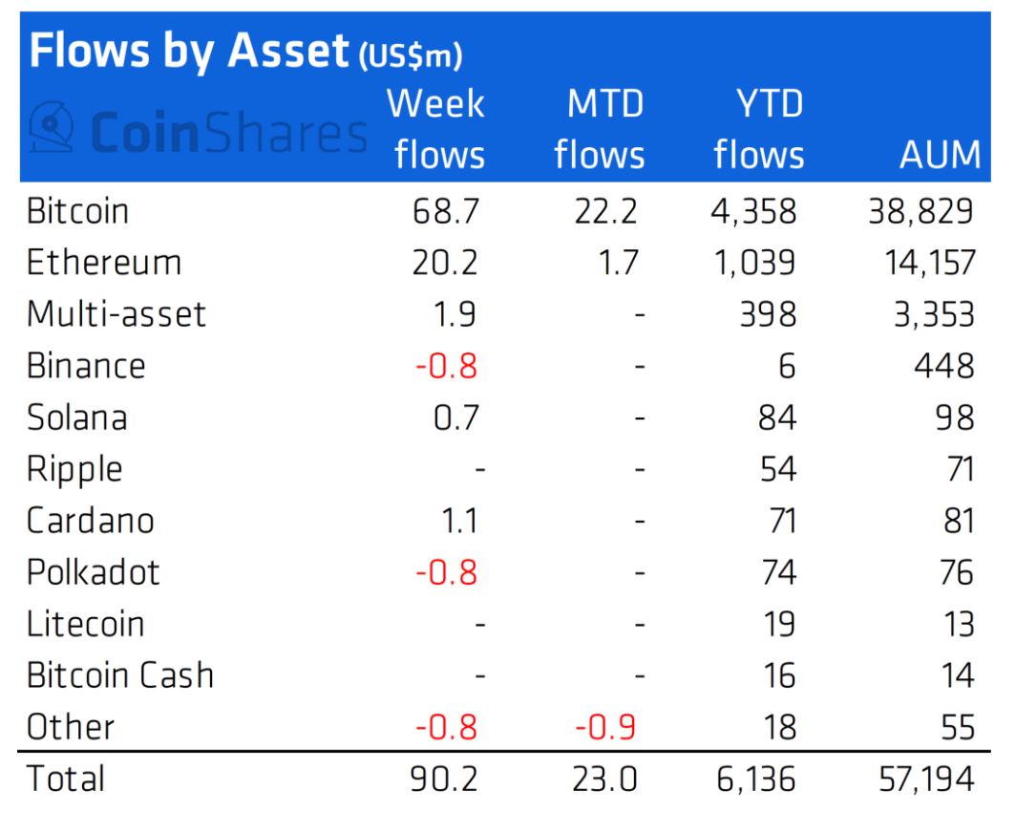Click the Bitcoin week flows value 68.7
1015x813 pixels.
click(446, 211)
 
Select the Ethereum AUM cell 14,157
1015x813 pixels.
click(930, 263)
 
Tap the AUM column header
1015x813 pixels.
click(940, 155)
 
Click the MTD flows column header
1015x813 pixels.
click(600, 129)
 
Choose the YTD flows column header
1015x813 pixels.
click(759, 129)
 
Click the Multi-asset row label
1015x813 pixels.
click(116, 314)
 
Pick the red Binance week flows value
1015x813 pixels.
click(446, 366)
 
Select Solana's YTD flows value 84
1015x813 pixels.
click(777, 417)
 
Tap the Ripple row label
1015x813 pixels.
click(74, 470)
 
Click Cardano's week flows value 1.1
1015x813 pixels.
click(459, 521)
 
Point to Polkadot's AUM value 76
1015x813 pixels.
click(957, 572)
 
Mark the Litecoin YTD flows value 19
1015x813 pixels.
click(779, 625)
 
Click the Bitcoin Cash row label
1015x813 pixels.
click(120, 675)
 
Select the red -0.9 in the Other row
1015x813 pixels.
click(605, 727)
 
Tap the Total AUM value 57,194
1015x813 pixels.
click(926, 780)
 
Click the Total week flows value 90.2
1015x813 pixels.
click(444, 780)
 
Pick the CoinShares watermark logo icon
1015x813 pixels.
click(52, 126)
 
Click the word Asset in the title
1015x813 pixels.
click(288, 51)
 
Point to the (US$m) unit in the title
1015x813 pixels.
click(411, 56)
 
